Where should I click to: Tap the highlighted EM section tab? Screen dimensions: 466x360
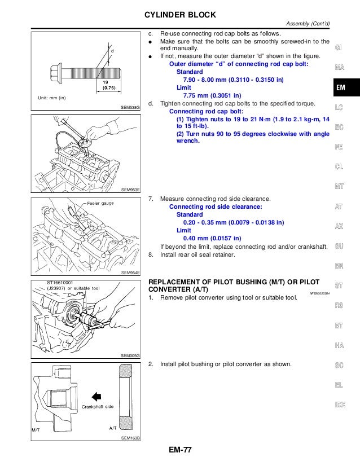pos(340,88)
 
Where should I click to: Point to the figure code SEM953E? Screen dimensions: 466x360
pos(131,190)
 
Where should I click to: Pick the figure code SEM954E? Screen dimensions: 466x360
pos(131,272)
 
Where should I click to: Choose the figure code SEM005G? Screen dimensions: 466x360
pos(131,355)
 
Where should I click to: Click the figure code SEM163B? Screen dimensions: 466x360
pos(131,438)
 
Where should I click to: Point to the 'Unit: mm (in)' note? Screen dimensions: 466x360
pos(52,98)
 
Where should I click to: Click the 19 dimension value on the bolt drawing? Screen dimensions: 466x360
pos(105,82)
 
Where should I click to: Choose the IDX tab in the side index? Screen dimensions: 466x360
pos(340,404)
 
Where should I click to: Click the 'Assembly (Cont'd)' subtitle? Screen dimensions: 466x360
pos(308,23)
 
